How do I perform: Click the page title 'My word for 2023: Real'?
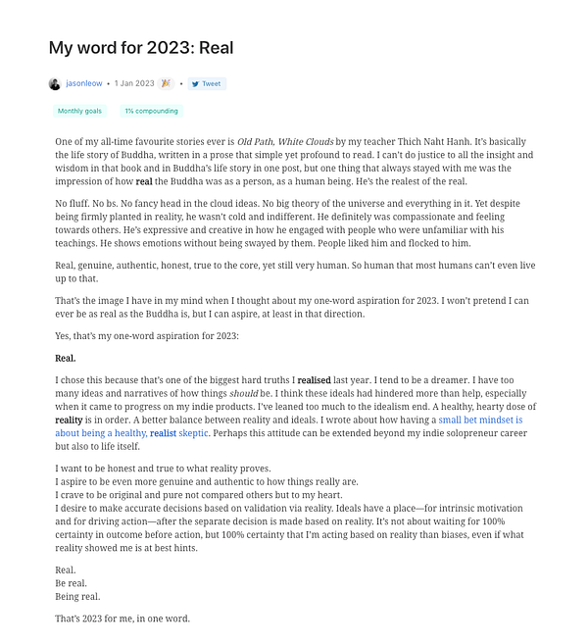click(x=141, y=47)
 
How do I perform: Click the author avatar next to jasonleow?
click(x=54, y=84)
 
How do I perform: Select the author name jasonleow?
click(x=83, y=84)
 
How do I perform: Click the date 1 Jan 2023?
click(x=134, y=84)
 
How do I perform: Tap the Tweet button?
click(x=207, y=84)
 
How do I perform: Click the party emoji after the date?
click(x=166, y=84)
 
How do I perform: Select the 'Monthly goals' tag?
click(x=79, y=112)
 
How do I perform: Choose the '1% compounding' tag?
click(x=151, y=112)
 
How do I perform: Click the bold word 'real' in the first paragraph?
click(x=144, y=181)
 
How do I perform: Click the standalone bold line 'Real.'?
click(x=66, y=359)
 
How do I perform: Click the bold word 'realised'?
click(x=315, y=379)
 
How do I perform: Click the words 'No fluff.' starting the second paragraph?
click(x=74, y=203)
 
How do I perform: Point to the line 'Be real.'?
click(x=72, y=583)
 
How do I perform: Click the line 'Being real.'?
click(x=77, y=596)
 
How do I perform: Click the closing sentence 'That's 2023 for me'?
click(x=122, y=618)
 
